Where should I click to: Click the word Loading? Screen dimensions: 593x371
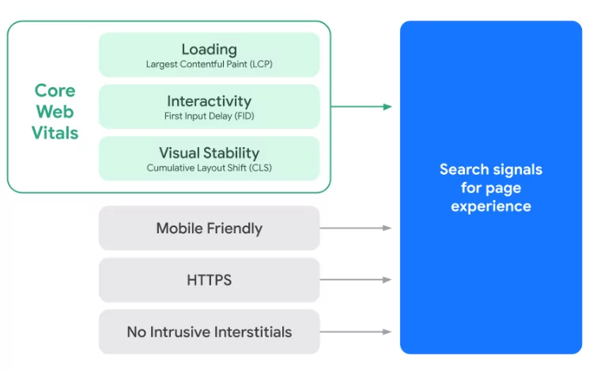tap(210, 50)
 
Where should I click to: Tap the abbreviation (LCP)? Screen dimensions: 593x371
tap(261, 64)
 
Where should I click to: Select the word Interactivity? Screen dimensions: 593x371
tap(210, 101)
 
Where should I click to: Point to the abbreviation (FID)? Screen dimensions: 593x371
tap(244, 116)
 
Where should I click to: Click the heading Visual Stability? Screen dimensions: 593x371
tap(210, 153)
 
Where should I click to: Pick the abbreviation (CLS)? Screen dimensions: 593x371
tap(260, 168)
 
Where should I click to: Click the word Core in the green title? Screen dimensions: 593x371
tap(55, 91)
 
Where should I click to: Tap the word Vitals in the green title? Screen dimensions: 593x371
tap(55, 133)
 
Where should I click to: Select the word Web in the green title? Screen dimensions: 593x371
tap(55, 112)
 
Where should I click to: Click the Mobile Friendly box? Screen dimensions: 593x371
tap(210, 228)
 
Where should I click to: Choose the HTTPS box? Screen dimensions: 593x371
tap(210, 280)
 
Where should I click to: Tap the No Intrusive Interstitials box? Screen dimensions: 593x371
tap(210, 331)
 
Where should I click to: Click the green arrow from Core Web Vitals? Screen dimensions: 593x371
tap(361, 107)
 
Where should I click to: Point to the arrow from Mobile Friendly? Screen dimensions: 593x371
tap(356, 228)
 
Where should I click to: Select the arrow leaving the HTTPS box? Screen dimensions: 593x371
tap(356, 280)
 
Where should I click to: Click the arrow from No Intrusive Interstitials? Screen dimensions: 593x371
tap(356, 331)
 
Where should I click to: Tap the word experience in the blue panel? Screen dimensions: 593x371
tap(491, 207)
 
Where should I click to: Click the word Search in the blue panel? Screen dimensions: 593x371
tap(464, 169)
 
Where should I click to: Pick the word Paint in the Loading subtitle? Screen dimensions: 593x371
tap(236, 64)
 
